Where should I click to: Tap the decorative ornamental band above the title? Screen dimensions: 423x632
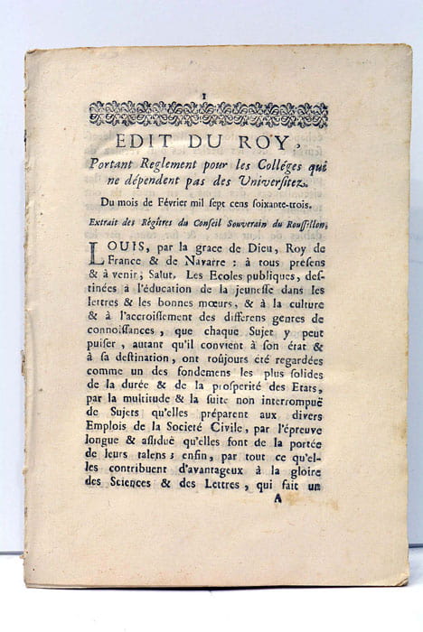pyautogui.click(x=208, y=115)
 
